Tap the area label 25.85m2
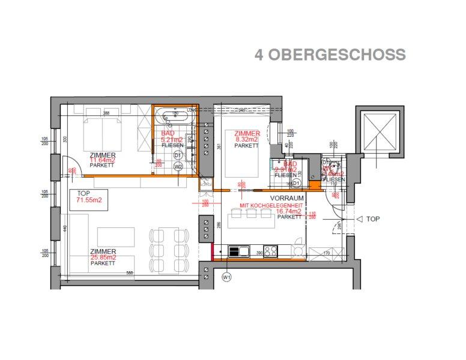[x=103, y=257]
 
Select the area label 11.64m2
[x=103, y=160]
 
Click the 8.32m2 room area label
[x=247, y=139]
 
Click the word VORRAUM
[x=286, y=197]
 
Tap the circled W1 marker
[x=226, y=277]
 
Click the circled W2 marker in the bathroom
[x=178, y=167]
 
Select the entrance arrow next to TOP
[x=359, y=220]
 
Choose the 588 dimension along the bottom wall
[x=129, y=272]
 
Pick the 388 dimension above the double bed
[x=106, y=113]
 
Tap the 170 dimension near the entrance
[x=327, y=254]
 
